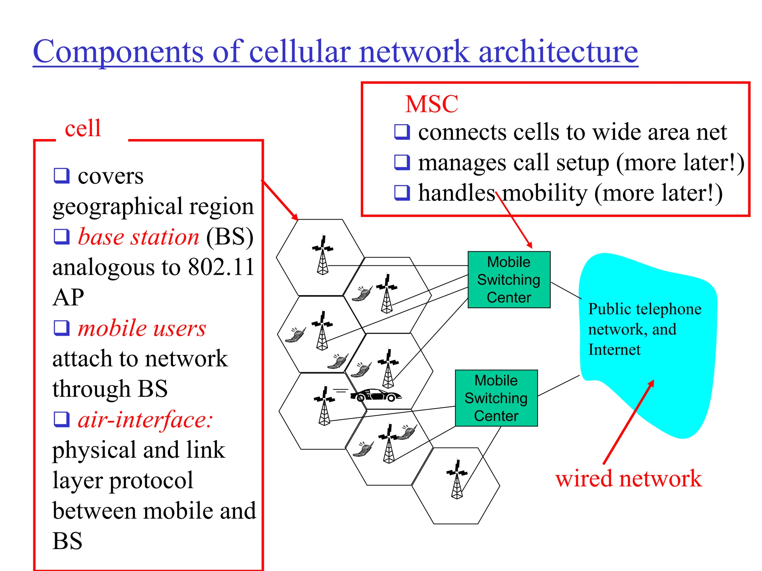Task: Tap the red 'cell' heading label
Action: (x=83, y=128)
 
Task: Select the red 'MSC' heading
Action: (x=432, y=104)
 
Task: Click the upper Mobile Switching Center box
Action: (x=509, y=280)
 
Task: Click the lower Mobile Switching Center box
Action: (x=496, y=398)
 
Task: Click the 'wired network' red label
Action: (x=628, y=478)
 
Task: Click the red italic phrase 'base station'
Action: (x=138, y=237)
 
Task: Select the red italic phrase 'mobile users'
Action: (x=141, y=328)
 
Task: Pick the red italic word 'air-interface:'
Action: (x=145, y=420)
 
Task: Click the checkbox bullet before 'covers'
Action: (x=61, y=175)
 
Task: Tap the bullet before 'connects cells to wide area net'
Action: (x=402, y=132)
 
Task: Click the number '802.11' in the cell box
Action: (x=221, y=267)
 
